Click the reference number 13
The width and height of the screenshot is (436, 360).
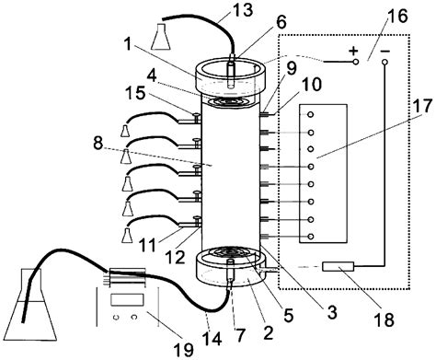tap(243, 11)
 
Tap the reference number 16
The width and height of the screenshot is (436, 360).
tap(397, 16)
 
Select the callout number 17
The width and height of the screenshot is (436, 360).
tap(421, 107)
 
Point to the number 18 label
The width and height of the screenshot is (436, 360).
tap(384, 319)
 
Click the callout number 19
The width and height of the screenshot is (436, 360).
tap(184, 350)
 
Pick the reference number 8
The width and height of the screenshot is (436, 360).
tap(98, 143)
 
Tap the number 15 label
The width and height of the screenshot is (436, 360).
tap(134, 93)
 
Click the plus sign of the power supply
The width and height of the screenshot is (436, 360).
tap(354, 51)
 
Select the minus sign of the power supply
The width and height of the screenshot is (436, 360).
tap(385, 51)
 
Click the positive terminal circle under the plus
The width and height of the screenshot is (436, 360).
tap(356, 62)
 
